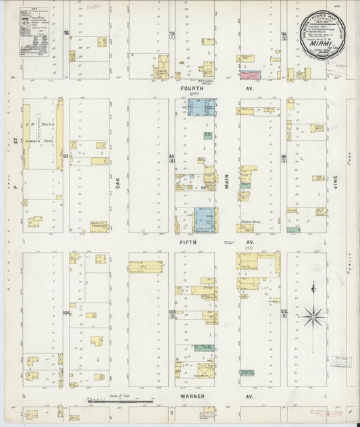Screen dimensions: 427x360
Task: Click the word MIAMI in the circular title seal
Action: [319, 48]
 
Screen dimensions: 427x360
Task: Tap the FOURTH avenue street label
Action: [194, 88]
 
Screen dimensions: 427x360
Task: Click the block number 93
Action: [66, 156]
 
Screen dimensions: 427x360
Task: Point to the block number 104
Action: [66, 313]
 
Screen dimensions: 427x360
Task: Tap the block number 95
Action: [284, 159]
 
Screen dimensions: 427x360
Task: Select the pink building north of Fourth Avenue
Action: [248, 77]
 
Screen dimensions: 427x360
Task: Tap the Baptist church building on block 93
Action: [100, 227]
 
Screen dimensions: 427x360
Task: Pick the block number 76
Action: [66, 33]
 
